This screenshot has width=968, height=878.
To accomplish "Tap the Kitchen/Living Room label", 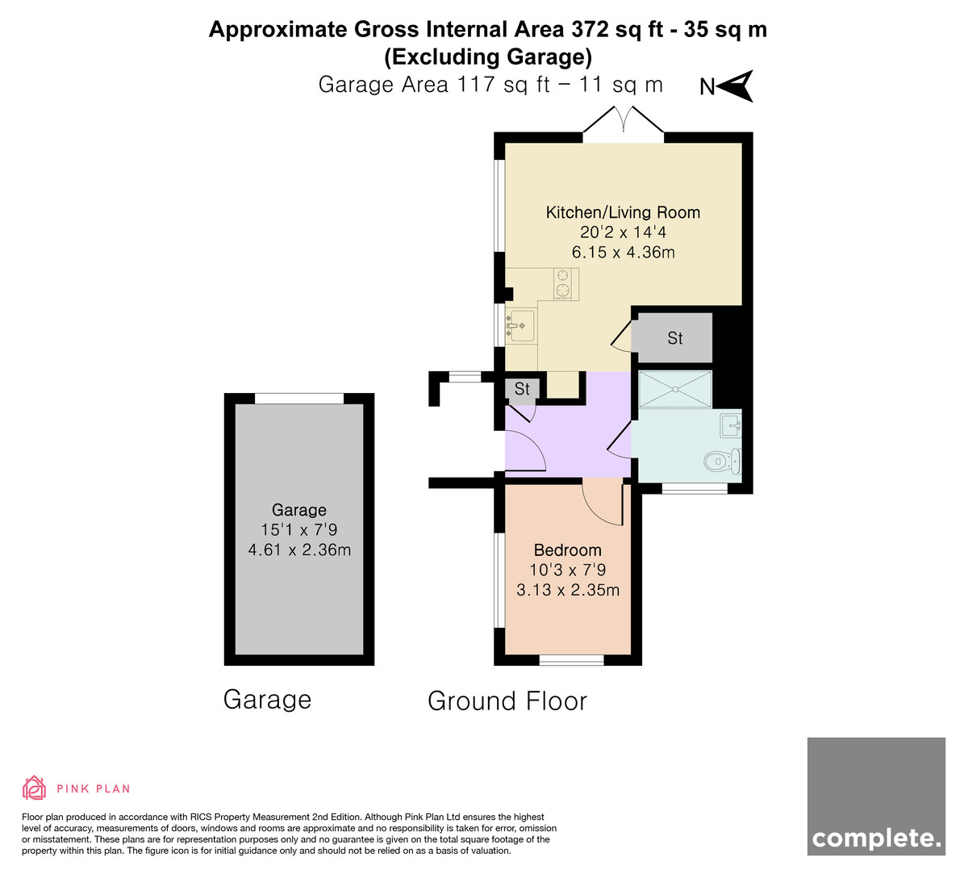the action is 623,212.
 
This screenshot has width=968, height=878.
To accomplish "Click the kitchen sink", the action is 520,326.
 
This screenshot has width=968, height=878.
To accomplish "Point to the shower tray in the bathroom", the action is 675,389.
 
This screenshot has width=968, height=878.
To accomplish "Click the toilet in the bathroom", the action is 723,462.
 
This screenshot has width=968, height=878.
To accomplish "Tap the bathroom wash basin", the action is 731,426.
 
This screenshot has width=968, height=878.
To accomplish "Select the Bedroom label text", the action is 567,550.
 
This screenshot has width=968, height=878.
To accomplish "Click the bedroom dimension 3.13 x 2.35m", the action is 567,590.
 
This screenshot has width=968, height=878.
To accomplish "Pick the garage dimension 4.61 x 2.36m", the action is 299,550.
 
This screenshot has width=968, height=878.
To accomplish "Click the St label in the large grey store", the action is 674,338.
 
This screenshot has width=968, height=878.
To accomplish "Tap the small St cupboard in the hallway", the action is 522,389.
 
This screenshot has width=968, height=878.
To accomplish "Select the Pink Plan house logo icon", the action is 34,788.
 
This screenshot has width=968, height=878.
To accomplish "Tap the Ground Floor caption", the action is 507,700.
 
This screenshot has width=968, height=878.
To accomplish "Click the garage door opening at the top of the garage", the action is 299,399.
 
